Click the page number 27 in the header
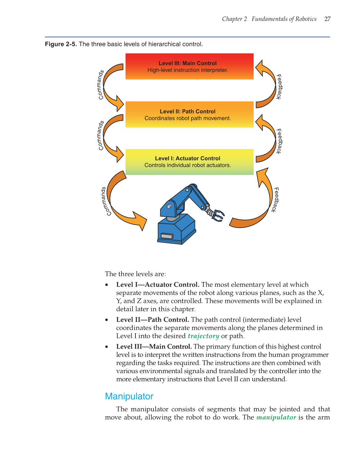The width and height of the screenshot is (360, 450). click(327, 19)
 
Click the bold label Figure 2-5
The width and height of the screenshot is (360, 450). click(61, 44)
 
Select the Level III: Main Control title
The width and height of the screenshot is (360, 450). click(187, 63)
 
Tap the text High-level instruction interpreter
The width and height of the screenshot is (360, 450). click(187, 70)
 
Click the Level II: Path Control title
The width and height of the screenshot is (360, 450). click(187, 111)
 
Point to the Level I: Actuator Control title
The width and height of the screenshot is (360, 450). click(187, 158)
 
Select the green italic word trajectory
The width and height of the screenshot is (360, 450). click(203, 336)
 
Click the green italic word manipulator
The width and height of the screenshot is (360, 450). click(276, 417)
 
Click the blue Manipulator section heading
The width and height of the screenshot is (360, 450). click(129, 396)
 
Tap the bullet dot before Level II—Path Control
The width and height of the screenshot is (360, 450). click(107, 320)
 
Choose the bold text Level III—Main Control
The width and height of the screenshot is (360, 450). click(154, 347)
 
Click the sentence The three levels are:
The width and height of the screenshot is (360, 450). click(135, 274)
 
